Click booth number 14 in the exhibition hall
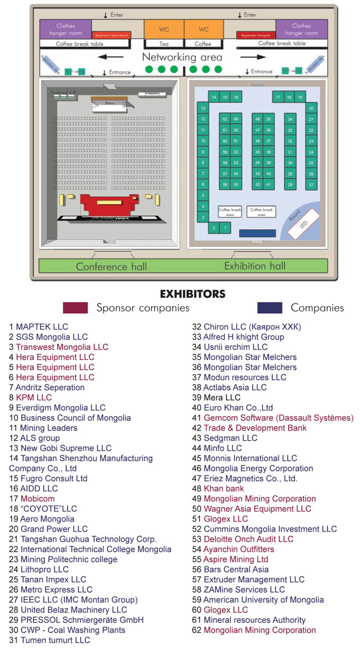click(x=214, y=97)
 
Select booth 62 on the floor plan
click(x=225, y=120)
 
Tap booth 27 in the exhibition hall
click(x=311, y=185)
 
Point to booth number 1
click(x=225, y=228)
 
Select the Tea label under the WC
click(x=164, y=44)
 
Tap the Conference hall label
click(x=111, y=266)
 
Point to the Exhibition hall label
click(x=255, y=266)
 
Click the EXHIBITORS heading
click(x=193, y=294)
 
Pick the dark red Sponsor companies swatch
click(x=75, y=308)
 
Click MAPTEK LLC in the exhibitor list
click(x=42, y=327)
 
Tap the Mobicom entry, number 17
click(x=37, y=498)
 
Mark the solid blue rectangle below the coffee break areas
click(x=257, y=233)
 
